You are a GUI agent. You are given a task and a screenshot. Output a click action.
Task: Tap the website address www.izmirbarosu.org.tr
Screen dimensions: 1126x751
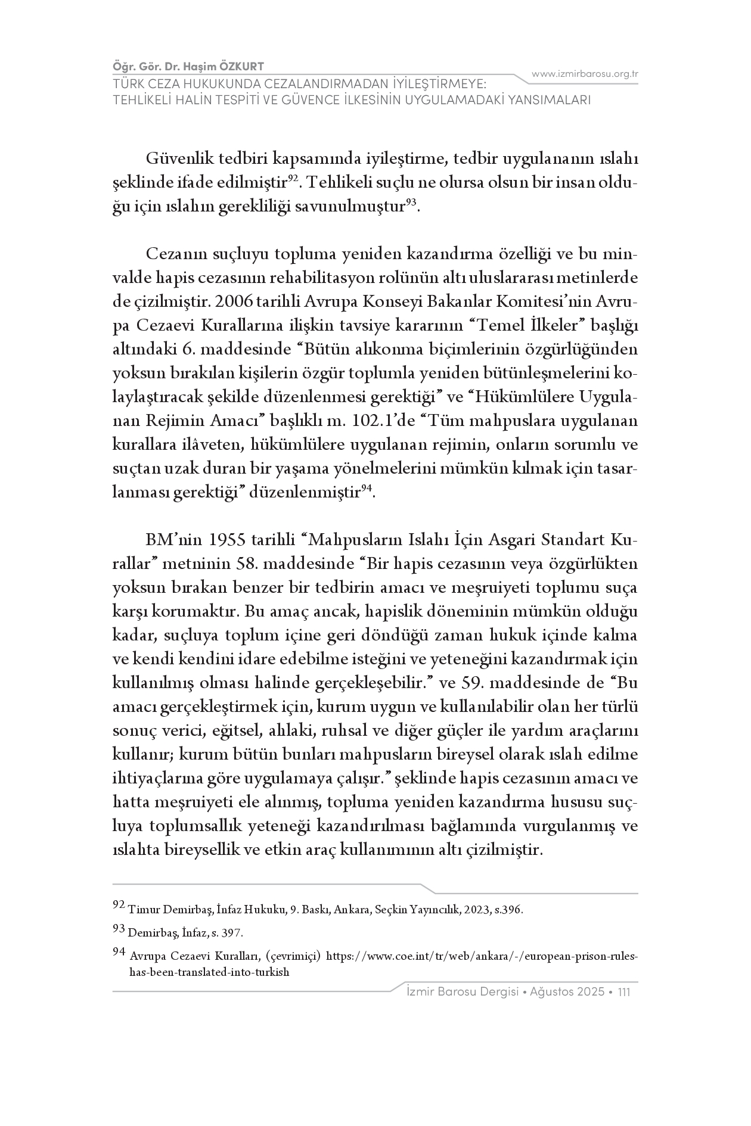585,74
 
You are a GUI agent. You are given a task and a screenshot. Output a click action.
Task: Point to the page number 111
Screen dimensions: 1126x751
625,992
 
